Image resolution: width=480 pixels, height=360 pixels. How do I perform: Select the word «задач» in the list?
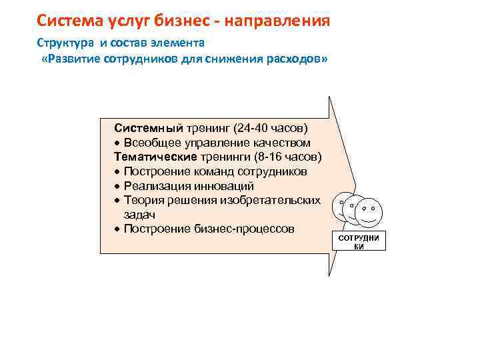[139, 215]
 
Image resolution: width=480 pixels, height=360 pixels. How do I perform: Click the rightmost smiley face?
[369, 212]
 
